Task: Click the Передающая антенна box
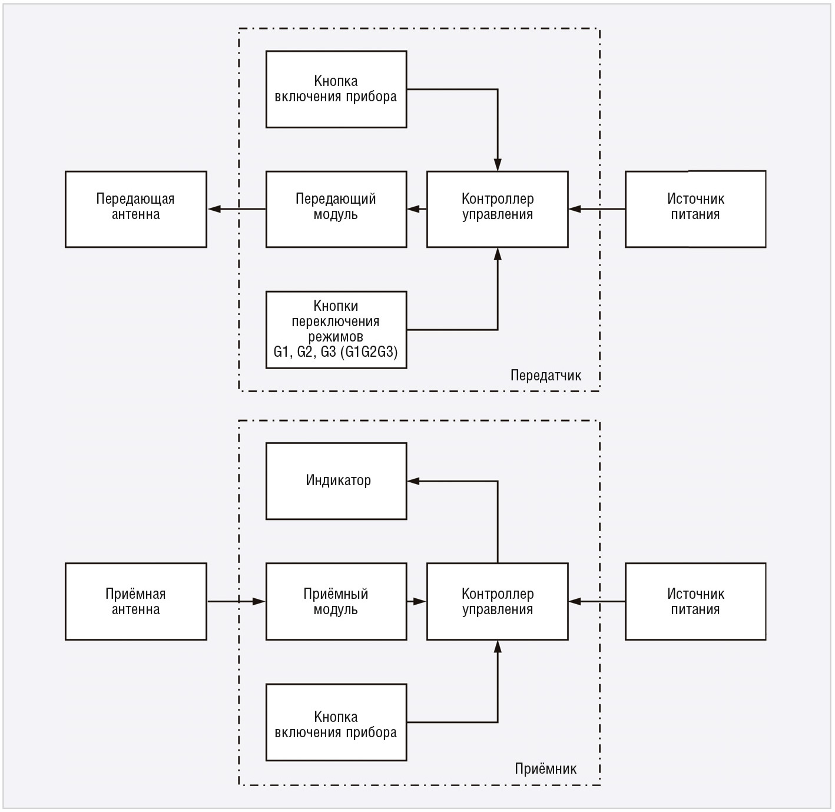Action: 136,210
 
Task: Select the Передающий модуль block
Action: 336,210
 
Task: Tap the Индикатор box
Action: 336,481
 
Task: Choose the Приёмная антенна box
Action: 136,602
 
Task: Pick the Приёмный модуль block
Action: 336,602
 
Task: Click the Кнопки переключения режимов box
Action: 336,330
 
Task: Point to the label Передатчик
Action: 546,376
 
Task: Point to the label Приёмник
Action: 546,768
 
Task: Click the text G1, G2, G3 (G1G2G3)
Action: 336,352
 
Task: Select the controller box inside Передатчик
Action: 498,210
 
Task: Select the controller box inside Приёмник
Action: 498,602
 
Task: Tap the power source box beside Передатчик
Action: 695,210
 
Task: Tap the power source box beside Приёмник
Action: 695,602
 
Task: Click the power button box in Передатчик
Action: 336,90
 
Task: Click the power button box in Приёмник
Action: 336,722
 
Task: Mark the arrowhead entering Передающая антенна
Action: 214,209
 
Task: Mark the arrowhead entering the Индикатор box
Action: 413,481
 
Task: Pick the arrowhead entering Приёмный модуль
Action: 259,602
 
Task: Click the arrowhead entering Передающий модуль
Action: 413,209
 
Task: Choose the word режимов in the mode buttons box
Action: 336,336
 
